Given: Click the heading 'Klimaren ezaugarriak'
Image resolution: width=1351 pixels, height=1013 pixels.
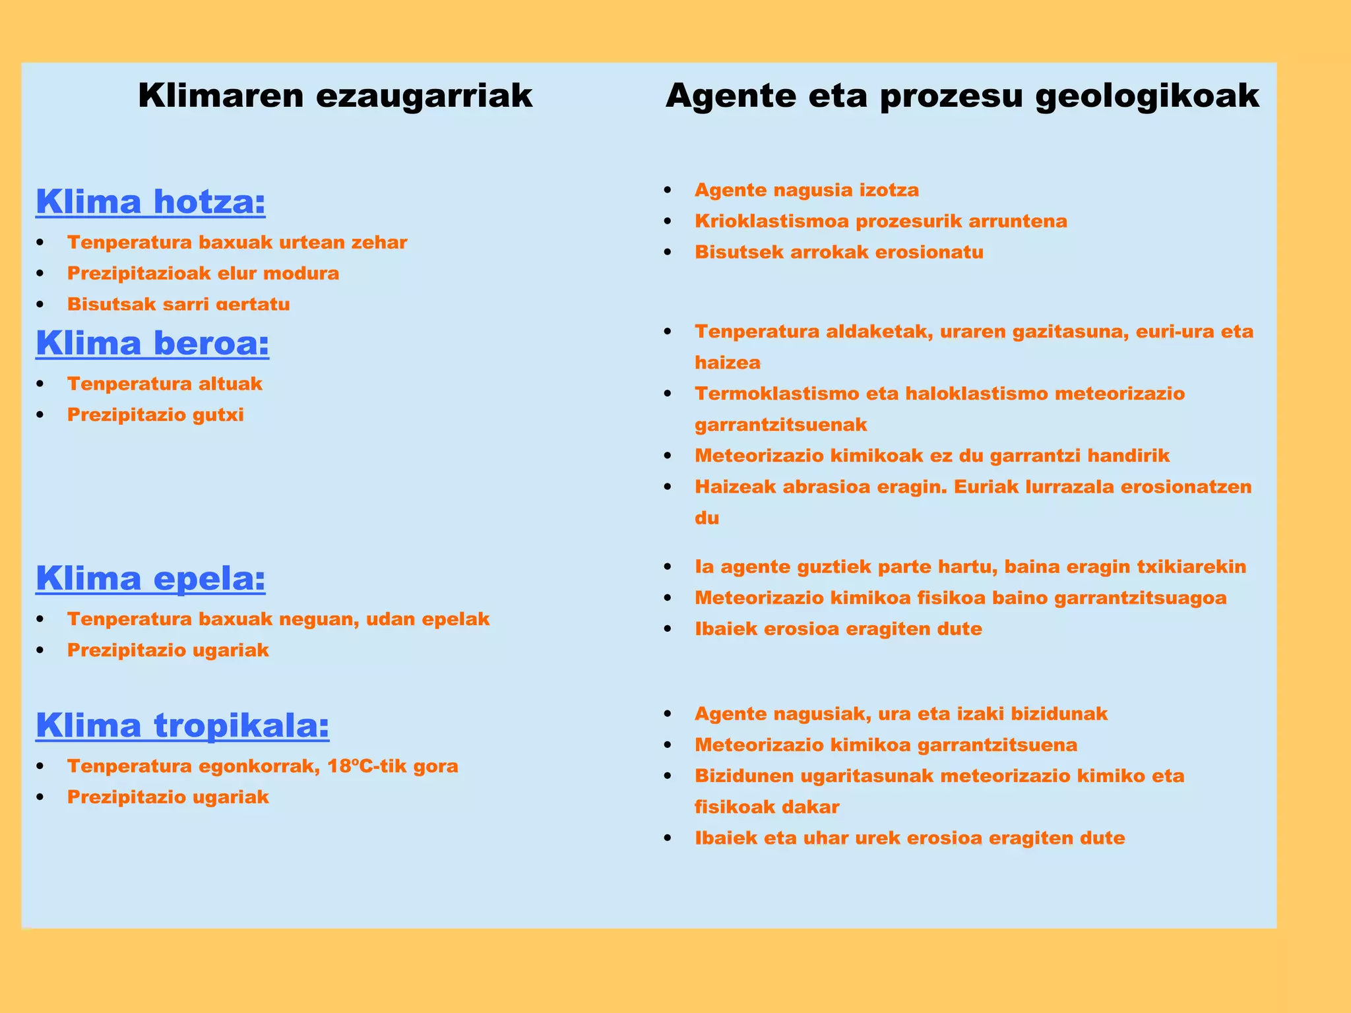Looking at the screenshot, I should (335, 96).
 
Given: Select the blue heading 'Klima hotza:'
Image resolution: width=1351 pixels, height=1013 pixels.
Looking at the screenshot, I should (150, 202).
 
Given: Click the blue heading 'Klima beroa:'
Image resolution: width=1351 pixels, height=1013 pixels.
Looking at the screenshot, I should (152, 343).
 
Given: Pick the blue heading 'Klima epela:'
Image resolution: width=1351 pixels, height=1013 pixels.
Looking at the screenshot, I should (150, 578).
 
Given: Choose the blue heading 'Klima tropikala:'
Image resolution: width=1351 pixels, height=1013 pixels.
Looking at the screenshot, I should (182, 725).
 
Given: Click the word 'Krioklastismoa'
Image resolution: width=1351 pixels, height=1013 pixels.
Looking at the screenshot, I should (771, 221).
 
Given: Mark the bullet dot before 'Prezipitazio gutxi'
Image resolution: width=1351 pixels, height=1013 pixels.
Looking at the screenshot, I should (42, 415).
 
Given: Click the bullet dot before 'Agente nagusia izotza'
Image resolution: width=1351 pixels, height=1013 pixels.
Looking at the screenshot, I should (668, 191).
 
